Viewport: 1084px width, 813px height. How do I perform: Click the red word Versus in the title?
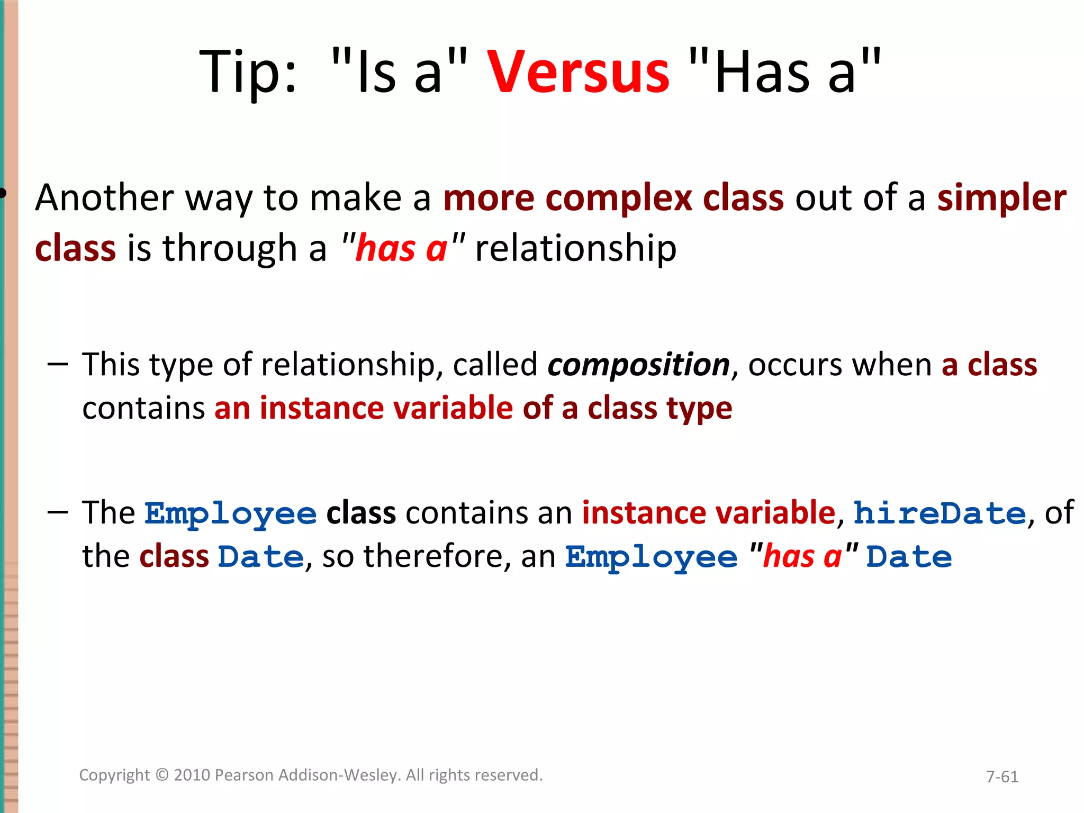(578, 73)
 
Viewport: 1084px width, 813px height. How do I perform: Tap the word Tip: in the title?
(248, 73)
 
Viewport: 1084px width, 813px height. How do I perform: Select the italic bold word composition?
(638, 365)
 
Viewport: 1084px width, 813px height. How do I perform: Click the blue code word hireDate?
(940, 513)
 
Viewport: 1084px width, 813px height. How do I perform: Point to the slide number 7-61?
(1002, 776)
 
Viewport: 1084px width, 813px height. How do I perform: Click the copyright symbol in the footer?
(162, 775)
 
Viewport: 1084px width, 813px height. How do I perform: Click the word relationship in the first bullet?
(576, 249)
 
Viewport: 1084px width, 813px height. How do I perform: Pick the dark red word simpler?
(1001, 198)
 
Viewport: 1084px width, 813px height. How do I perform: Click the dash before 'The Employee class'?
(58, 512)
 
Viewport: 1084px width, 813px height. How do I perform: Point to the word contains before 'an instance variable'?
(143, 409)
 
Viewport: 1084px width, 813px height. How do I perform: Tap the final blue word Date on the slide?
(909, 557)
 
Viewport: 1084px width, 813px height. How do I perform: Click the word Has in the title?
(762, 73)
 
